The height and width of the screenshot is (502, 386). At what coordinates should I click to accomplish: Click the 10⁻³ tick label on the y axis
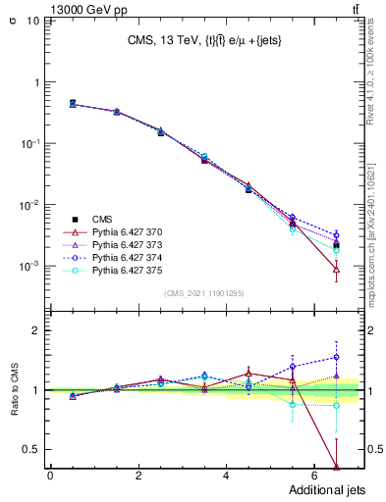tap(28, 267)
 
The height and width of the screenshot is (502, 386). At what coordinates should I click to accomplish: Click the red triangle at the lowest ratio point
tap(337, 467)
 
